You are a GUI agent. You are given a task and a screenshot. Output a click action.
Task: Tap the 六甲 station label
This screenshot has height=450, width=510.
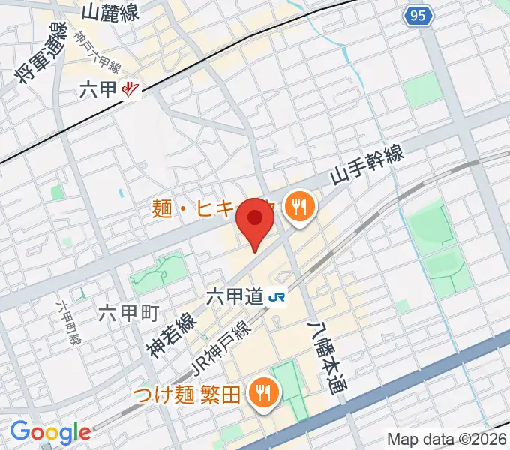pyautogui.click(x=99, y=90)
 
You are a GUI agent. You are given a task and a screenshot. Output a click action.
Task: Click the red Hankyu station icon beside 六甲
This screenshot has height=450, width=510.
pyautogui.click(x=131, y=90)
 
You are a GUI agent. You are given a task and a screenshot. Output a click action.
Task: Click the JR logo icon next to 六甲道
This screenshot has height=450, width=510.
pyautogui.click(x=276, y=297)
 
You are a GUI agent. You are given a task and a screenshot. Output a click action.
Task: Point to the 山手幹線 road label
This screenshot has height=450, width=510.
pyautogui.click(x=368, y=166)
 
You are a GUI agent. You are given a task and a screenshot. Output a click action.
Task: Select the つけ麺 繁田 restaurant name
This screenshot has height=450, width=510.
pyautogui.click(x=187, y=392)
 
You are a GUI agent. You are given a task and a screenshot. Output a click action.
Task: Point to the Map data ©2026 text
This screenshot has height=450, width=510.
pyautogui.click(x=447, y=439)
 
